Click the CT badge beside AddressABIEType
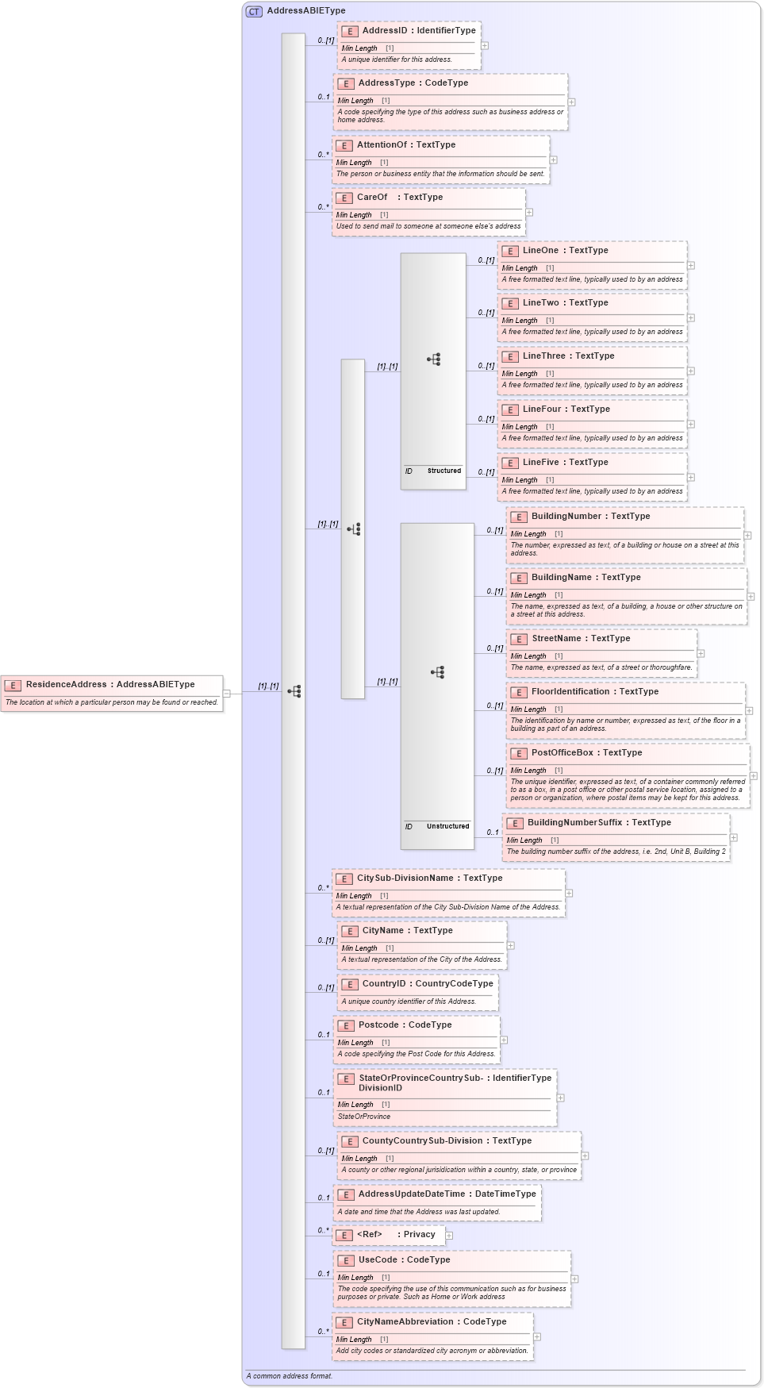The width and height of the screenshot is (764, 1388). (x=254, y=11)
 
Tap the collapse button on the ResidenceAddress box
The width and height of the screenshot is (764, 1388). (x=226, y=693)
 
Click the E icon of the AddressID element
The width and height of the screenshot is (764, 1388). (x=350, y=31)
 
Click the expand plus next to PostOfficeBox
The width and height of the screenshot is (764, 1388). (x=753, y=775)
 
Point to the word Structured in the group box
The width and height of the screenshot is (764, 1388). (x=443, y=471)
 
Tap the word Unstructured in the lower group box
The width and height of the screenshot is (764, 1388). (x=447, y=826)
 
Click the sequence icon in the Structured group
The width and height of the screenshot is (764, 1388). (x=433, y=359)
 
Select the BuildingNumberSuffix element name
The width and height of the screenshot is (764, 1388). (x=574, y=822)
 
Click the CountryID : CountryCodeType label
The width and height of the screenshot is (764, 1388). (x=427, y=983)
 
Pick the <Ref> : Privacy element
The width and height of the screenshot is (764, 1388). (x=396, y=1234)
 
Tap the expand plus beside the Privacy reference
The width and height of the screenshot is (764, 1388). (x=449, y=1235)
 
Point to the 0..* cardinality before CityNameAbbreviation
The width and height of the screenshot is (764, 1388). (x=323, y=1331)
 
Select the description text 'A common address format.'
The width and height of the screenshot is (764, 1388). (x=290, y=1375)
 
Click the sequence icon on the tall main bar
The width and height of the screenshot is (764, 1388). (x=294, y=691)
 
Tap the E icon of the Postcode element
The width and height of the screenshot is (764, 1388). (x=346, y=1025)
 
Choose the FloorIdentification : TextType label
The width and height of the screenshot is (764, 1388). (x=595, y=691)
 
